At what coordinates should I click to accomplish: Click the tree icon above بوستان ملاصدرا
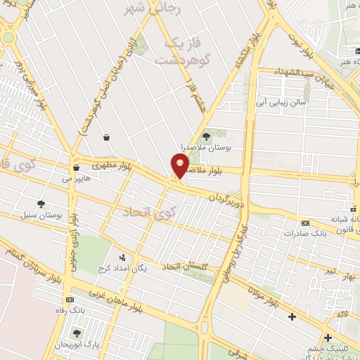click(206, 136)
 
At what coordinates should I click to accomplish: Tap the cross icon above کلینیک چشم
click(328, 337)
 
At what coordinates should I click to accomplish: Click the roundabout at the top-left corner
click(9, 37)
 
